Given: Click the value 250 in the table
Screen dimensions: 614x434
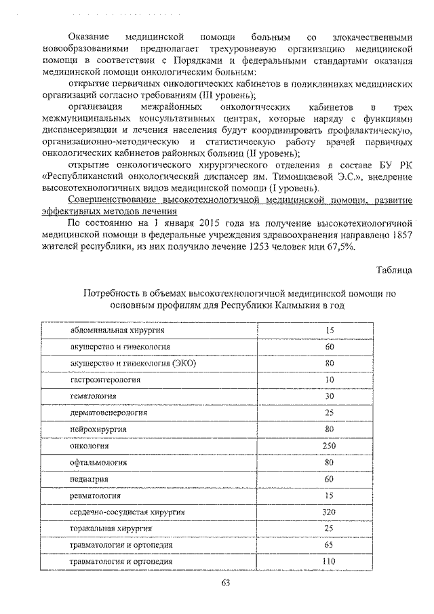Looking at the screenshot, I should (x=330, y=446).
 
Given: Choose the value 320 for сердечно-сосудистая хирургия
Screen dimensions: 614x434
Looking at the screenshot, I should (x=330, y=512).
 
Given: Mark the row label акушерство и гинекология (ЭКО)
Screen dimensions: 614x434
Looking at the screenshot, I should (x=133, y=364).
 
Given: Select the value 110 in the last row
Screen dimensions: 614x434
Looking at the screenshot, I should (x=330, y=562).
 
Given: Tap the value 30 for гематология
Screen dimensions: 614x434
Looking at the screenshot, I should (x=330, y=396).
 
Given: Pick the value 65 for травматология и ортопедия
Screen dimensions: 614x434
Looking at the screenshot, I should (x=330, y=545).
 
